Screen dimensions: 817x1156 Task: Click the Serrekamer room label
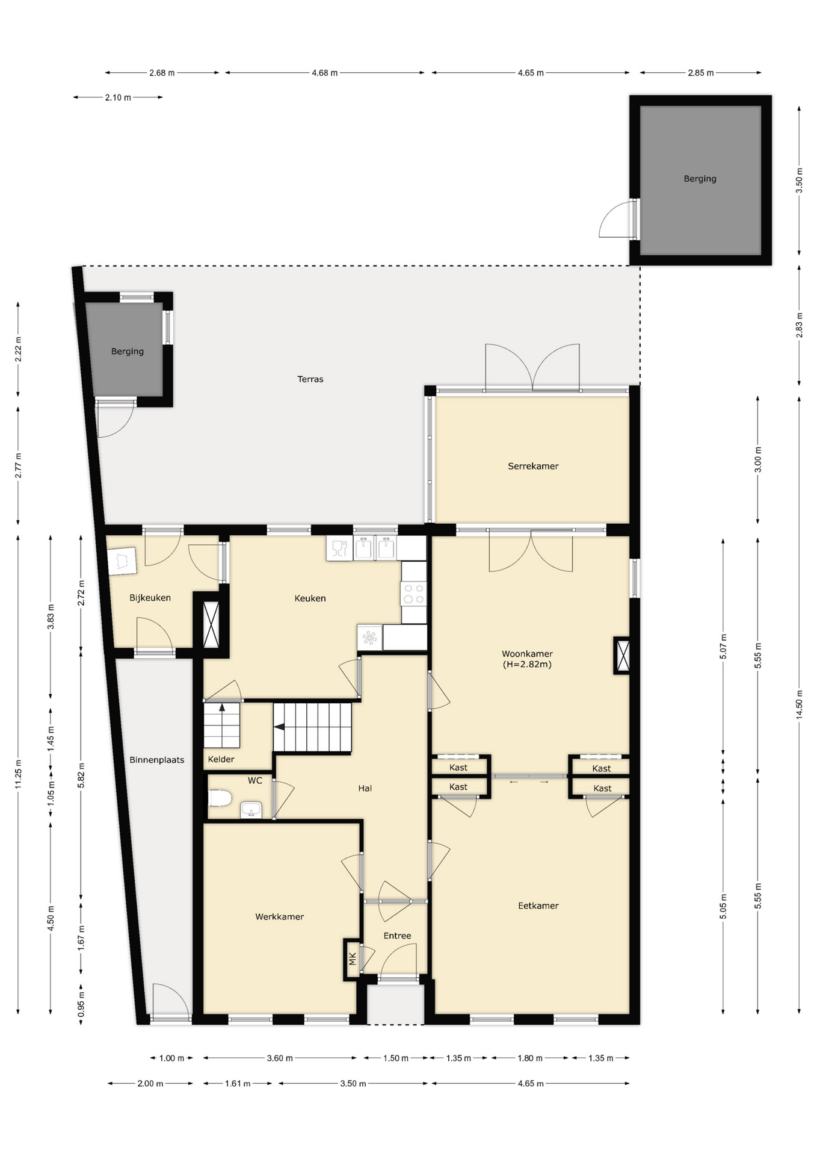(533, 466)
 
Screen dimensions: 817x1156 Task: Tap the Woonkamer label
(527, 654)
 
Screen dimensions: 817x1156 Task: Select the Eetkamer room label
(538, 906)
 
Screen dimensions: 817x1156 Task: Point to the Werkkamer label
(279, 916)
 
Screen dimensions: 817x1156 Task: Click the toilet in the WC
(220, 798)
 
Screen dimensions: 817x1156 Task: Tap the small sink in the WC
(251, 810)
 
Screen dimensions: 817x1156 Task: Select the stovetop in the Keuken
(414, 593)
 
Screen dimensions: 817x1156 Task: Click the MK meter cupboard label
(353, 959)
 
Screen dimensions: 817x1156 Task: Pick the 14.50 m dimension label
(799, 704)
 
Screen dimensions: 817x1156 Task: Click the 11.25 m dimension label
(18, 774)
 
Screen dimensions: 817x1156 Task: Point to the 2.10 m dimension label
(118, 98)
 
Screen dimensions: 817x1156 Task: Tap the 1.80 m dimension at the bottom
(530, 1058)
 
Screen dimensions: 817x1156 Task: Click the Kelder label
(221, 759)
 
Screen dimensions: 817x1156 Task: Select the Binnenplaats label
(157, 760)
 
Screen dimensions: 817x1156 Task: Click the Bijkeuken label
(150, 598)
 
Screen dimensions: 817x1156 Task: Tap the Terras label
(310, 379)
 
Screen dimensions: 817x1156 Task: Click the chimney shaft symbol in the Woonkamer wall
(622, 656)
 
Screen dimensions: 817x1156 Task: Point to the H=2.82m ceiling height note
(527, 665)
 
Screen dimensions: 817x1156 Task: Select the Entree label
(397, 936)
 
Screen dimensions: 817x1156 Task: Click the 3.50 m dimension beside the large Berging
(799, 181)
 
